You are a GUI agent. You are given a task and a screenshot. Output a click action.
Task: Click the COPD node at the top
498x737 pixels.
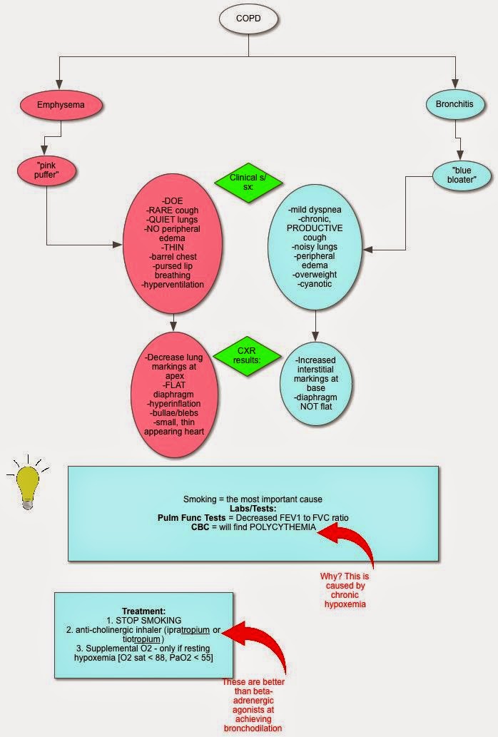pos(248,18)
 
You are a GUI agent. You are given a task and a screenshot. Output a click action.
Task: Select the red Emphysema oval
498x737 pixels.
pos(61,105)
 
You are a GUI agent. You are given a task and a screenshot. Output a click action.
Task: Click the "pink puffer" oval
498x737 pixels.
pos(45,171)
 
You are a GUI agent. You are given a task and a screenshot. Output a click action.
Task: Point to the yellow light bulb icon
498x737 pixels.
pos(27,484)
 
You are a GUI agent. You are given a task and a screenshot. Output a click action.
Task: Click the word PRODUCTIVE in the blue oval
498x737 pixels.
pos(315,228)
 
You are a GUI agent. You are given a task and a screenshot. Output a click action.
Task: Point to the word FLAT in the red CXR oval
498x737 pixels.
pos(173,381)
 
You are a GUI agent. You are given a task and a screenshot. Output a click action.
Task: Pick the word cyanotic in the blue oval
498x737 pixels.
pos(315,284)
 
